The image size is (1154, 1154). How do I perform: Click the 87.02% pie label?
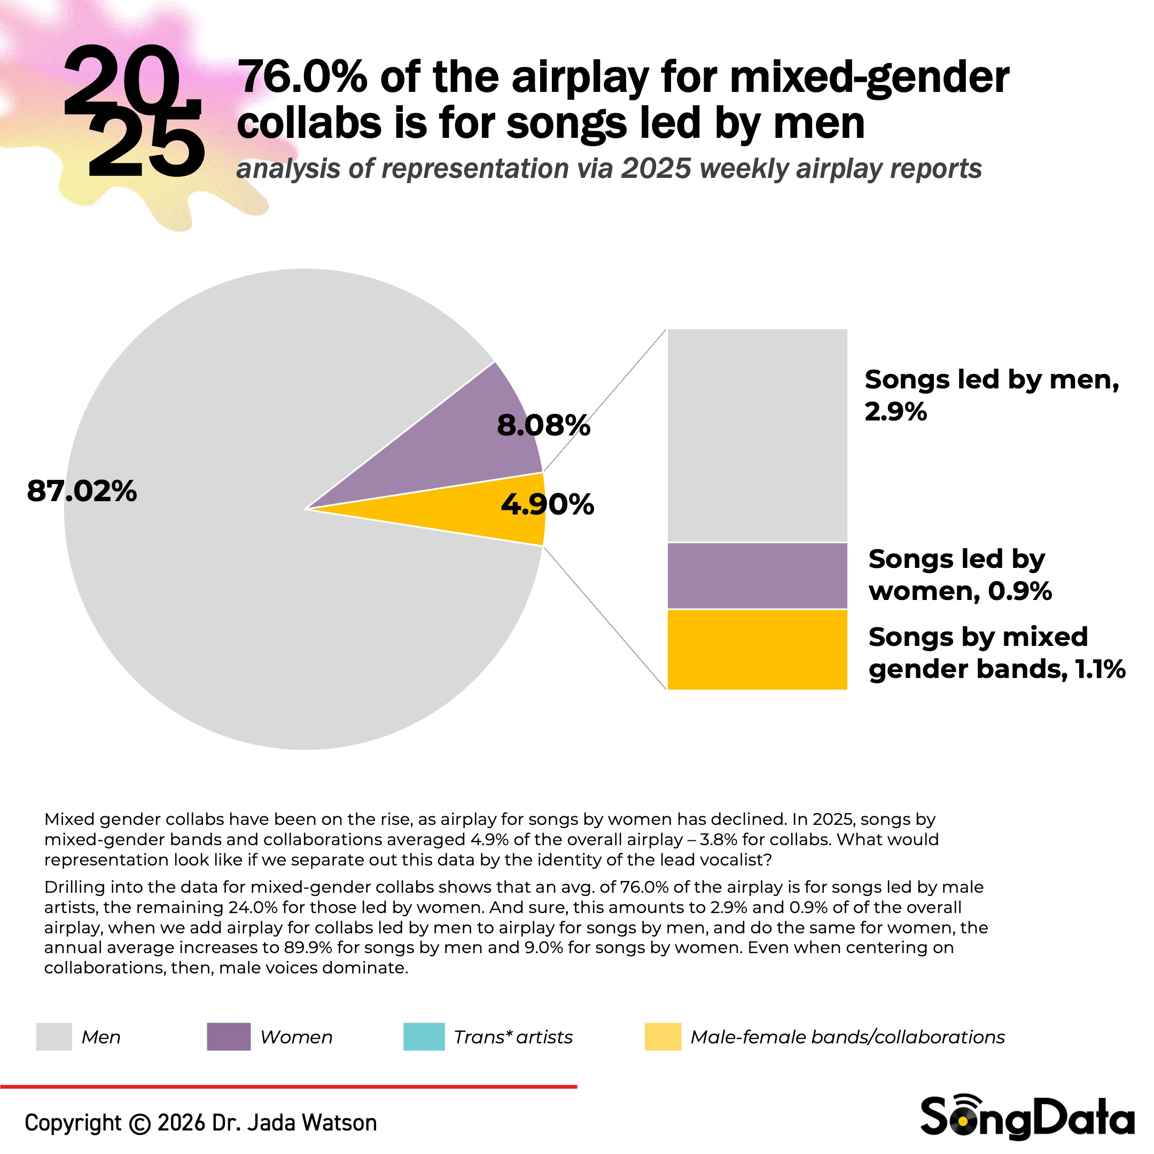(82, 492)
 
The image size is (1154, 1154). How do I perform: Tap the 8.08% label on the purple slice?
(543, 426)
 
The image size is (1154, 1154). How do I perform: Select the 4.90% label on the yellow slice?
(547, 505)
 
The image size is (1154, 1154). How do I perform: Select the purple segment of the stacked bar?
(757, 576)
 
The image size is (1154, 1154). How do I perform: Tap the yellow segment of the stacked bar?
(757, 649)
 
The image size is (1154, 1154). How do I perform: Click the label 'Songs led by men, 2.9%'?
(992, 395)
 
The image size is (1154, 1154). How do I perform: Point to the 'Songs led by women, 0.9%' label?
(960, 575)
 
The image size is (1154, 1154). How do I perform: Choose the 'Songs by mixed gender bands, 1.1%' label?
(996, 653)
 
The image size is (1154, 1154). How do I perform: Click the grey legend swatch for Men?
(54, 1037)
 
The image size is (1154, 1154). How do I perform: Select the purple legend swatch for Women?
(228, 1037)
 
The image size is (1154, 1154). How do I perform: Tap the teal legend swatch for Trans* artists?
(424, 1037)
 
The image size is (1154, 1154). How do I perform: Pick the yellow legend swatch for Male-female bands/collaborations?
(662, 1037)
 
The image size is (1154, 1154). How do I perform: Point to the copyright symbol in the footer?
(140, 1124)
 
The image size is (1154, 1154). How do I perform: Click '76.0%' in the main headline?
(302, 77)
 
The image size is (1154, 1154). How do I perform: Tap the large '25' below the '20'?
(145, 146)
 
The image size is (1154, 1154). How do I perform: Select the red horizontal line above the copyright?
(288, 1087)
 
